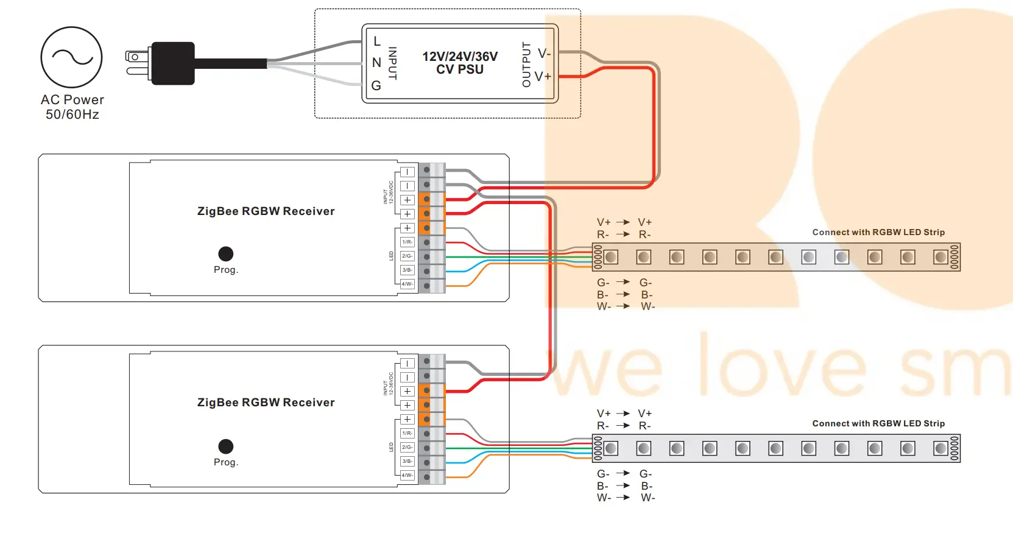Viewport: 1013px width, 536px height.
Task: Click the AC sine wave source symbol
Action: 72,57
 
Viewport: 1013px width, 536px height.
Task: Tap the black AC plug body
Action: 173,63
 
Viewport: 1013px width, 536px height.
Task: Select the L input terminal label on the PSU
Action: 377,41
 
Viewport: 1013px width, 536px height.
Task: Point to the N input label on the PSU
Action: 376,63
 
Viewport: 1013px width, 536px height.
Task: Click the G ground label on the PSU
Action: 376,86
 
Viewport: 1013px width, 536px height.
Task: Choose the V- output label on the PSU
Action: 544,54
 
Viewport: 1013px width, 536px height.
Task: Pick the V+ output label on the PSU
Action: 543,77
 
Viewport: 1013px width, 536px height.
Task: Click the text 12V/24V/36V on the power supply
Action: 460,56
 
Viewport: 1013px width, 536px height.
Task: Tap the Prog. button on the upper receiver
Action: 226,253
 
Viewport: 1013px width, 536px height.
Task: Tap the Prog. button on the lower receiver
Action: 226,446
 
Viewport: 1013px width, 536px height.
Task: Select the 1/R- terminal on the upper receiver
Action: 407,242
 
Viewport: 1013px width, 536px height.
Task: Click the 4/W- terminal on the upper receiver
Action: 407,284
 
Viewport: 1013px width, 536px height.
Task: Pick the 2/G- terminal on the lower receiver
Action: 407,448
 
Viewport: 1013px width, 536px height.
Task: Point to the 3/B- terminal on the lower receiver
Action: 407,462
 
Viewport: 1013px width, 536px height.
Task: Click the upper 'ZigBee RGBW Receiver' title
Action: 266,211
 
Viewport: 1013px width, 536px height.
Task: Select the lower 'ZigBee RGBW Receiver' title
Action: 266,403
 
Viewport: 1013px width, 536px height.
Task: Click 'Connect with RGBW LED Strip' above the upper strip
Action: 878,232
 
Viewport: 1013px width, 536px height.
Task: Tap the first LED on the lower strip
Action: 611,449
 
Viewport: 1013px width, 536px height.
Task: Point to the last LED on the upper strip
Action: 941,257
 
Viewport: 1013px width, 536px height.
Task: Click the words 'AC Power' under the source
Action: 72,100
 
